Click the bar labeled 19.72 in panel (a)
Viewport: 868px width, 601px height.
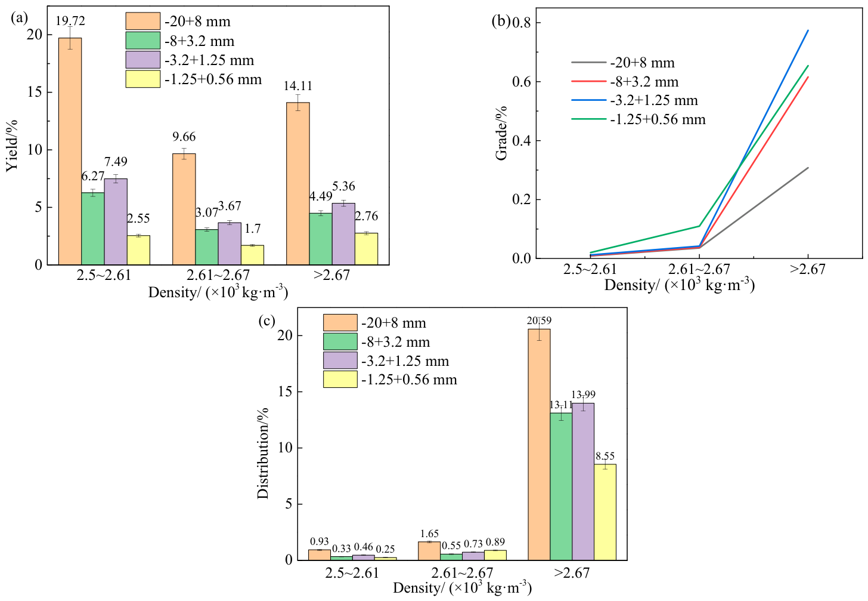point(70,152)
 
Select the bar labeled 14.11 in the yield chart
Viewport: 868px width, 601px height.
point(298,183)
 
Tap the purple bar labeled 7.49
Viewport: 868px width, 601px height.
point(116,221)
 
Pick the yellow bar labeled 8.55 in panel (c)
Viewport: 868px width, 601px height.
point(605,512)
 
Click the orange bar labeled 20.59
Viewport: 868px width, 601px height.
point(539,445)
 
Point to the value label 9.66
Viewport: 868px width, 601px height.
point(184,137)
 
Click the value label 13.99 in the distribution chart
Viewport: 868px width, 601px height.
point(583,394)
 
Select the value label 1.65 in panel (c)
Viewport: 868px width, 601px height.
point(429,534)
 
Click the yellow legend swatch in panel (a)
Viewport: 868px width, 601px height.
point(142,79)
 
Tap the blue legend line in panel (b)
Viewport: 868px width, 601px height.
point(588,100)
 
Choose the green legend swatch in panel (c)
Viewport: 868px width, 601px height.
point(340,341)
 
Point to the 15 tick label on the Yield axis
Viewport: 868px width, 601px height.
point(35,93)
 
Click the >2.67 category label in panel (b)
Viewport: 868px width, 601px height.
point(808,269)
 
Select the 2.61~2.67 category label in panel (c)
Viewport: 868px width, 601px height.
point(462,573)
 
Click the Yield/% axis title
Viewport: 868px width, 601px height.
point(12,146)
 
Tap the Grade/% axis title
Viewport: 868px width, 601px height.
point(501,132)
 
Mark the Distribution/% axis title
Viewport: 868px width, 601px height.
point(263,454)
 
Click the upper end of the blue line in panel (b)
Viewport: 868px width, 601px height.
point(808,30)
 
